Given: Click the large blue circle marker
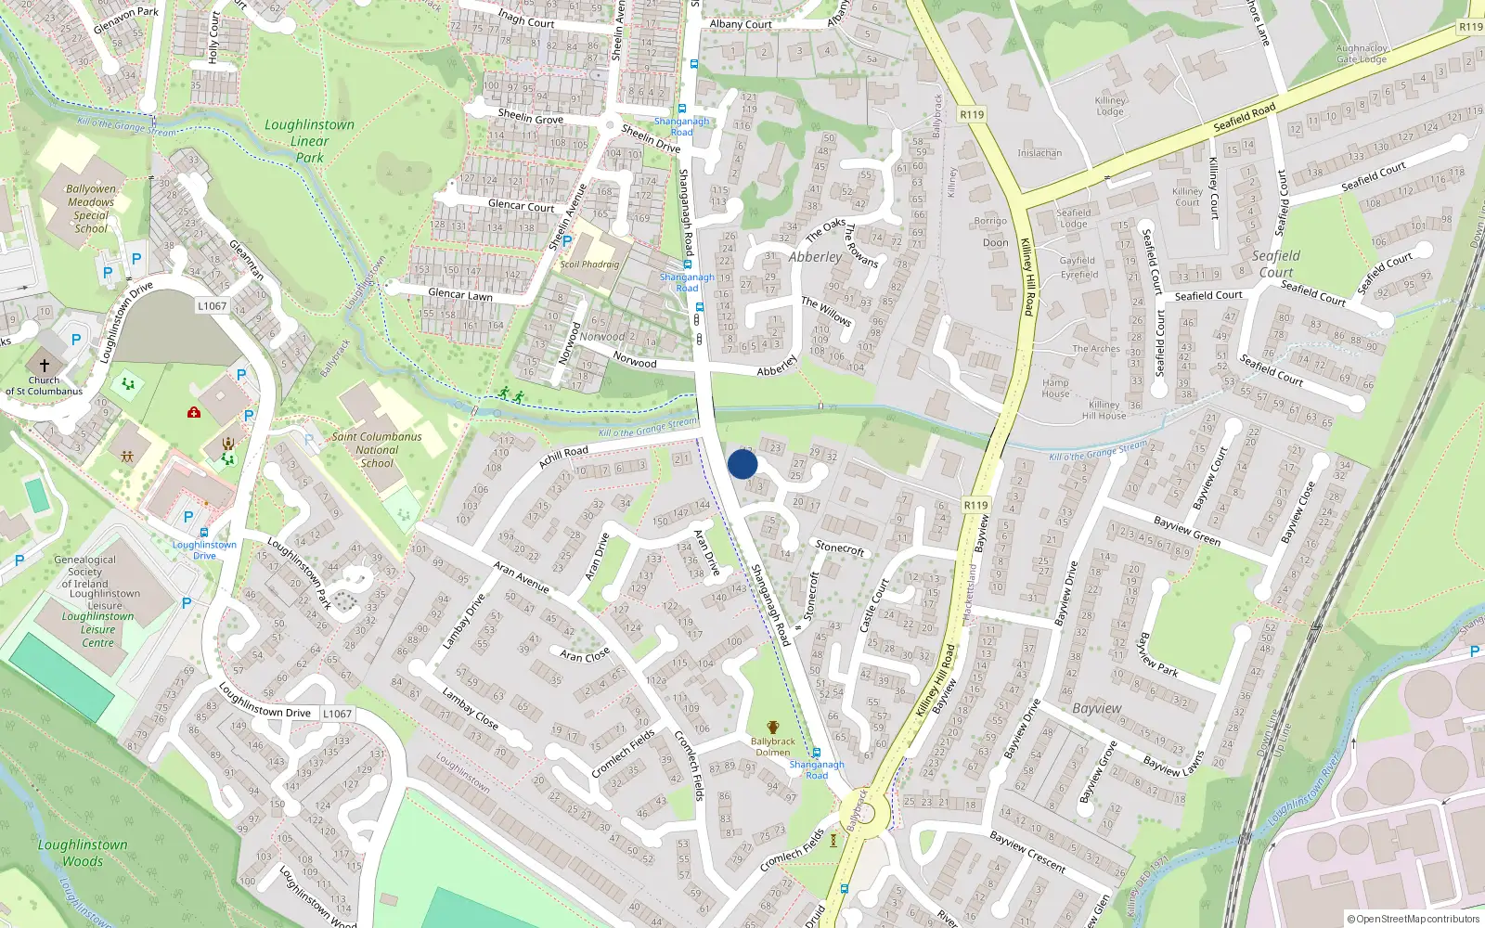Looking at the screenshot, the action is pyautogui.click(x=742, y=464).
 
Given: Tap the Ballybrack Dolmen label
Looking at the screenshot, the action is pyautogui.click(x=772, y=746).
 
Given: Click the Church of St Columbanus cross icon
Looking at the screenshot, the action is pyautogui.click(x=44, y=366).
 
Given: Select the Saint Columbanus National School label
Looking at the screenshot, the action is pyautogui.click(x=377, y=449).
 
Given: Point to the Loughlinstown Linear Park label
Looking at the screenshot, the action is pyautogui.click(x=309, y=141).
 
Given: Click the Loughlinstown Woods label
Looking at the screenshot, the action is pyautogui.click(x=83, y=853).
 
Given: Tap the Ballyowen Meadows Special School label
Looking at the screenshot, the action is pyautogui.click(x=91, y=208).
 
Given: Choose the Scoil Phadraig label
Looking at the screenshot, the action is pyautogui.click(x=589, y=264).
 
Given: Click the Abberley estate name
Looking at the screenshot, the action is pyautogui.click(x=815, y=257).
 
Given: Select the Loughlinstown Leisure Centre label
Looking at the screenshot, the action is pyautogui.click(x=98, y=629).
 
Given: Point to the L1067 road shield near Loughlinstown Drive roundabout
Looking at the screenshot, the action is pyautogui.click(x=212, y=305).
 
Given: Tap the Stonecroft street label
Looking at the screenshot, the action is pyautogui.click(x=840, y=548).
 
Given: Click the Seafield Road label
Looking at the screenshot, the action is pyautogui.click(x=1245, y=117).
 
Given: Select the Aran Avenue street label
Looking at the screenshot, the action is pyautogui.click(x=521, y=576).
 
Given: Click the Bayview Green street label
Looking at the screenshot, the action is pyautogui.click(x=1187, y=531).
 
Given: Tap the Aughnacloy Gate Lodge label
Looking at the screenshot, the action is pyautogui.click(x=1362, y=53).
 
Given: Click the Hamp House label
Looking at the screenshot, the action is pyautogui.click(x=1055, y=388).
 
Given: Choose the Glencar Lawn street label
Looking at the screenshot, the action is pyautogui.click(x=460, y=294).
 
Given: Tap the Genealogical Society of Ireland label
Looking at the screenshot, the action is pyautogui.click(x=85, y=572).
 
